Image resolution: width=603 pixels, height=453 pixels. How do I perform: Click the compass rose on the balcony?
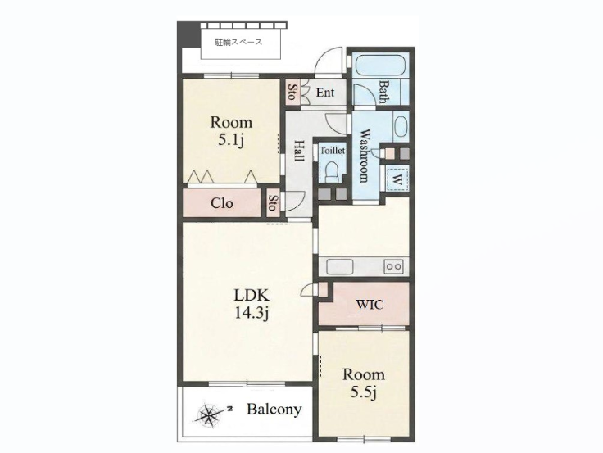click(209, 415)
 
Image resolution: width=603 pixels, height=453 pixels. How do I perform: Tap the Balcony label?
click(274, 410)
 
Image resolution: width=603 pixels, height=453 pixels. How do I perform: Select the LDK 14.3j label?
click(252, 304)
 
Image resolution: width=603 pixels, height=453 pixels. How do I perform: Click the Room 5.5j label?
click(364, 383)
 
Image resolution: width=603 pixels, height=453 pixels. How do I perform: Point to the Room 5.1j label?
click(231, 131)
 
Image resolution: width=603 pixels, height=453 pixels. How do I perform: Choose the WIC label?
click(370, 305)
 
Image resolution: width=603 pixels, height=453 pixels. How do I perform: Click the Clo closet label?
click(222, 202)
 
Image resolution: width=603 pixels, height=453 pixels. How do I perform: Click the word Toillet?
click(333, 151)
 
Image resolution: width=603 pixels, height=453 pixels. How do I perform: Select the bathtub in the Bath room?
click(379, 66)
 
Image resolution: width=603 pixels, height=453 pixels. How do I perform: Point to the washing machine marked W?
click(397, 178)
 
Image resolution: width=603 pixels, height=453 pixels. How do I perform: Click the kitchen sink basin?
click(339, 266)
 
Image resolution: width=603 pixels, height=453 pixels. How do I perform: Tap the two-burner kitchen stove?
click(394, 266)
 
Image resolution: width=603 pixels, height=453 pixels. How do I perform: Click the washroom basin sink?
click(401, 126)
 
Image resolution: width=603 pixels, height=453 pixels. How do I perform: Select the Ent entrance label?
click(325, 93)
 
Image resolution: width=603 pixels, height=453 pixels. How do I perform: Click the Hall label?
click(299, 151)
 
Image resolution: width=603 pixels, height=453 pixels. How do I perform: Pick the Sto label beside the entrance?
click(292, 93)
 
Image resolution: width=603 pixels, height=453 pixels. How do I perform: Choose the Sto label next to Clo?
click(272, 202)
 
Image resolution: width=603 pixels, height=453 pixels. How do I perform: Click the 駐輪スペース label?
click(238, 43)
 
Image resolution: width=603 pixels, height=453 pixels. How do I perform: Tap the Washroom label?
click(364, 156)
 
